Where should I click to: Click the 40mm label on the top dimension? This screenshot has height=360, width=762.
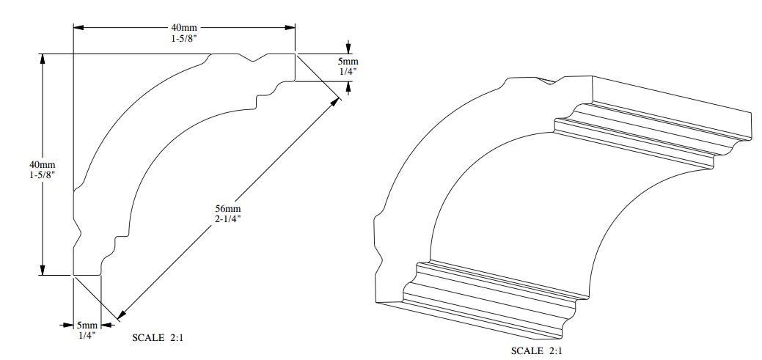pos(184,28)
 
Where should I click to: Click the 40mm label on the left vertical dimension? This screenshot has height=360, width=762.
pos(43,165)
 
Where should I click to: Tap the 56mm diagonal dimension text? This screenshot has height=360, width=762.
pos(228,209)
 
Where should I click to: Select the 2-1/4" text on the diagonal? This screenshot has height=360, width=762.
pos(228,218)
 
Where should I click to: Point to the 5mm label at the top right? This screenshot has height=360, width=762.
pos(348,62)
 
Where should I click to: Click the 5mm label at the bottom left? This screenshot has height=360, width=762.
pos(87,325)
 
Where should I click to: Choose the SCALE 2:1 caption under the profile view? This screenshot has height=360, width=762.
pos(158,338)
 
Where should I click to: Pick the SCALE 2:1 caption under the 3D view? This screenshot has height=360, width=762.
pos(537,350)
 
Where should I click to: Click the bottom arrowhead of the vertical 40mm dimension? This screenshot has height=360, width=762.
pos(43,270)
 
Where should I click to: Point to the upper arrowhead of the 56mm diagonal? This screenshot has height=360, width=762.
pos(335,102)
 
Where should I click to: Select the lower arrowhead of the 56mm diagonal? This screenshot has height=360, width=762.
pos(122,315)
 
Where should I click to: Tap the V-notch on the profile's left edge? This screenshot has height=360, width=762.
pos(77,233)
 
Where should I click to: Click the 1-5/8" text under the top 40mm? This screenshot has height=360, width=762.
pos(184,38)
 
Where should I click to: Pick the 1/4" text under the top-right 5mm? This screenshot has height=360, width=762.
pos(348,71)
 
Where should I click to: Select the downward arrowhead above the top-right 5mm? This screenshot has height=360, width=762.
pos(348,48)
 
